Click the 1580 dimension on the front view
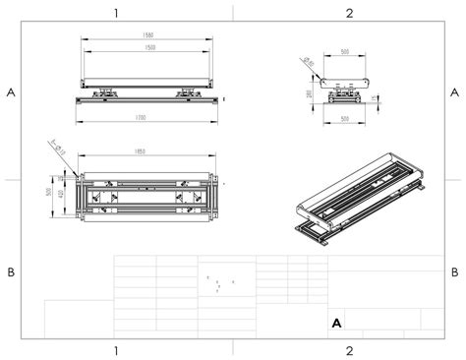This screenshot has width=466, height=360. point(147,36)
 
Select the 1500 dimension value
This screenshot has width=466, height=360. point(147,47)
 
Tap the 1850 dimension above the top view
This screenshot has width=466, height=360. point(147,150)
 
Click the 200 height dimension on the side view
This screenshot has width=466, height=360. point(310,95)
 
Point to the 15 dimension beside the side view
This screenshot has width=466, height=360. point(377,97)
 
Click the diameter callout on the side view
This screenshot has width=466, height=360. point(309,62)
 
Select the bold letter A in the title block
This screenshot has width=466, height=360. point(337,322)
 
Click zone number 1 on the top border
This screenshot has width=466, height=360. point(116,13)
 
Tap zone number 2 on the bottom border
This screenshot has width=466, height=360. point(349,349)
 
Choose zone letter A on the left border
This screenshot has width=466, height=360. point(11,92)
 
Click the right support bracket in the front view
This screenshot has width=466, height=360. point(186,92)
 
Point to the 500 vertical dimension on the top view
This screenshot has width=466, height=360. point(48,193)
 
